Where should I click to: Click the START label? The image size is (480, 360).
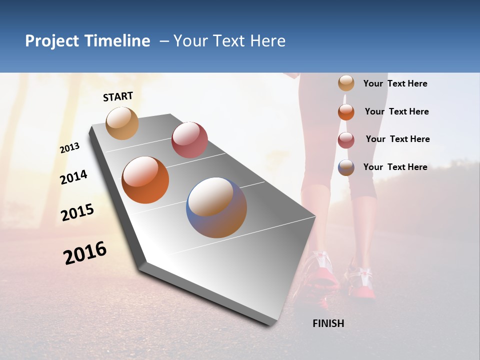pos(118,96)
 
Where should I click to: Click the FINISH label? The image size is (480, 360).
pos(328,323)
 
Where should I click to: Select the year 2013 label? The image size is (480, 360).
pos(69,148)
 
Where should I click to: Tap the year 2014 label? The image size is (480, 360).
pos(73,177)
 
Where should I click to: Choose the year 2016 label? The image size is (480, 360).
pos(84,253)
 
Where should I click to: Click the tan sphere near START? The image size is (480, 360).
pos(122,123)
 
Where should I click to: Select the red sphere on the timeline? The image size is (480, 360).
pos(189,140)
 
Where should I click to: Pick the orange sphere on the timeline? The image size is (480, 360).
pos(145,180)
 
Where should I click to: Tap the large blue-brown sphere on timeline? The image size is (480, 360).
pos(216,207)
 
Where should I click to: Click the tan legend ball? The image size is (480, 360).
pos(346,83)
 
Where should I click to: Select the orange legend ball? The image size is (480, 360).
pos(346,112)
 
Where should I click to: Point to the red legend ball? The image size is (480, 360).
pos(346,140)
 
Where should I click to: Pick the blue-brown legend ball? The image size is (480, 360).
pos(346,167)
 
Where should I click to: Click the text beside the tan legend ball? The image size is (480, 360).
pos(395,83)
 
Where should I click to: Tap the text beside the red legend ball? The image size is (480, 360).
pos(397,139)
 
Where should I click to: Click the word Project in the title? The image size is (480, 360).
pos(51,41)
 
